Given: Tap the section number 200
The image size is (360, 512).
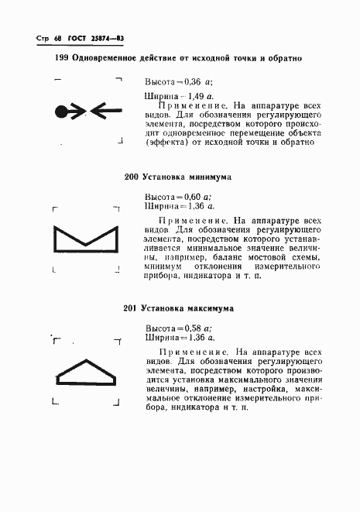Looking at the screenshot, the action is tap(131, 177).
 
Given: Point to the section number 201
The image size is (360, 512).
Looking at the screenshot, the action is tap(131, 308).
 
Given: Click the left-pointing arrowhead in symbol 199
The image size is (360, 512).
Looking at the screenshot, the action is tap(102, 112).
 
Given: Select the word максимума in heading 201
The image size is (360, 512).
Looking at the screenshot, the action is tap(210, 308).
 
